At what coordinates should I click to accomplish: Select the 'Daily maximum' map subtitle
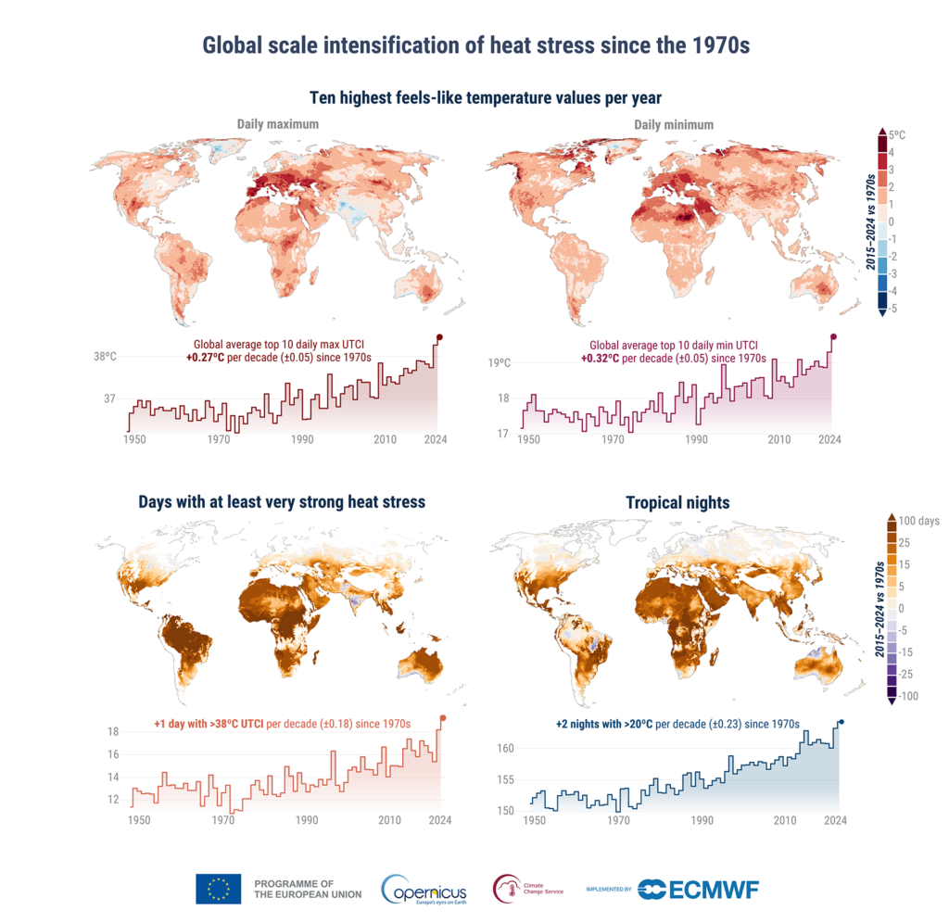tap(278, 124)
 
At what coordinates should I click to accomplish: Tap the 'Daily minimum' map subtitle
tap(674, 125)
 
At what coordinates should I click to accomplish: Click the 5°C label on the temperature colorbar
tap(897, 135)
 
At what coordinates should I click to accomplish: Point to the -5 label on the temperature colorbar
tap(892, 308)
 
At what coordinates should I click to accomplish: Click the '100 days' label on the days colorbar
tap(918, 521)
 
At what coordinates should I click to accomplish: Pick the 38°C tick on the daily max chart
tap(105, 357)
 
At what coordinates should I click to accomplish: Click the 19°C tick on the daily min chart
tap(500, 362)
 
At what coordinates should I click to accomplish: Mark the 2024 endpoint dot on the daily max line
tap(439, 337)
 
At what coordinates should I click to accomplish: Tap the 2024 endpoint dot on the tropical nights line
tap(841, 722)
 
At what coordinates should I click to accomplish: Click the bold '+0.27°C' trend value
tap(205, 358)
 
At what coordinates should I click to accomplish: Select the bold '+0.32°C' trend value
tap(601, 359)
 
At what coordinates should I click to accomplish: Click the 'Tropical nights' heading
tap(677, 502)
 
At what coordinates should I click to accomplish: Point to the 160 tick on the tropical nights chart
tap(505, 748)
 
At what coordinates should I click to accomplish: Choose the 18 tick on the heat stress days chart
tap(113, 731)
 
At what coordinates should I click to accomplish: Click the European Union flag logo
tap(219, 889)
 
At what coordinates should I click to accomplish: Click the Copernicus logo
tap(424, 890)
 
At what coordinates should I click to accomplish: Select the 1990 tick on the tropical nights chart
tap(702, 821)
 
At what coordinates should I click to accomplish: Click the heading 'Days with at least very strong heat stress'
tap(282, 501)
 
